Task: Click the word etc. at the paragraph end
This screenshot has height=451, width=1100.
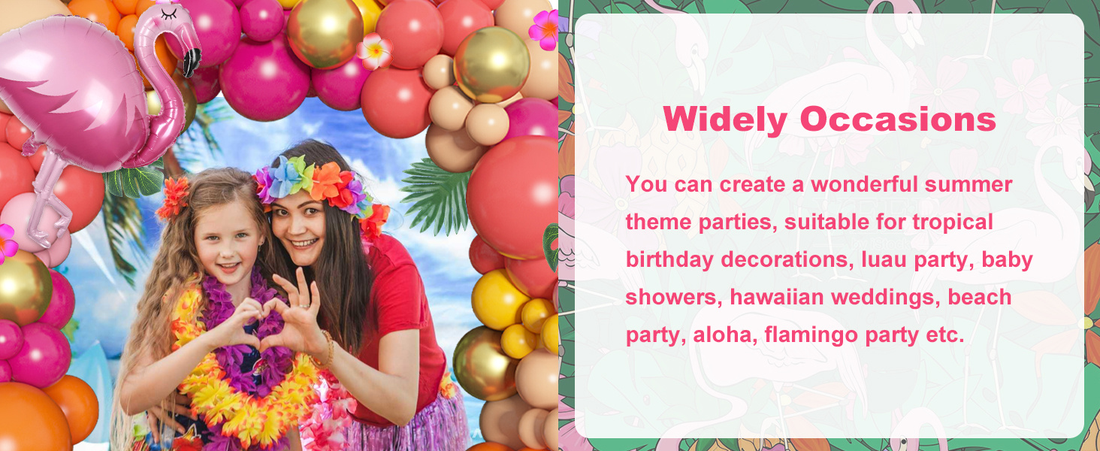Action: click(x=944, y=334)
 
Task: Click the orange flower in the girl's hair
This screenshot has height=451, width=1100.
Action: click(x=174, y=197)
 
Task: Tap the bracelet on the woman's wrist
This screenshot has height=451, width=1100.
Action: click(x=328, y=347)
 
